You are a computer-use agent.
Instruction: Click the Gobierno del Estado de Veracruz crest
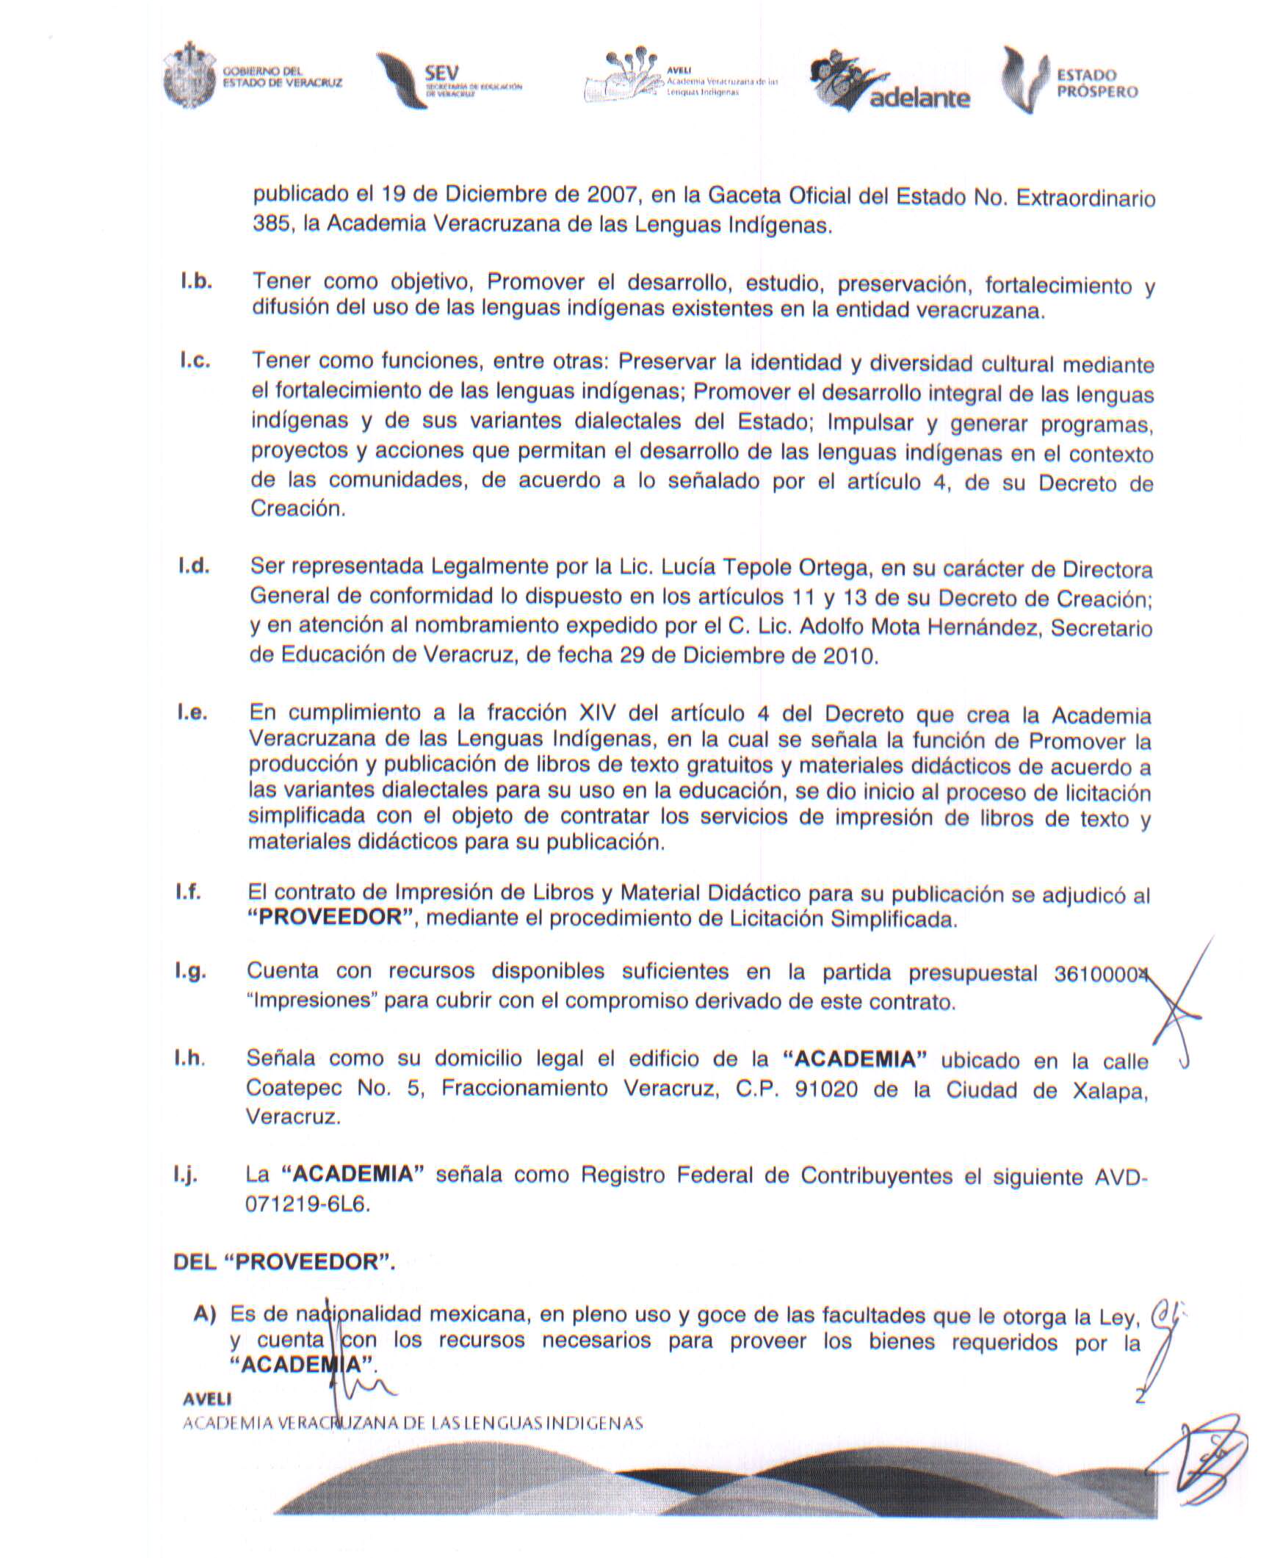[189, 76]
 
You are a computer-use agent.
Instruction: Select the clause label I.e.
[192, 713]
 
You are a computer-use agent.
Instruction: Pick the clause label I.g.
[190, 972]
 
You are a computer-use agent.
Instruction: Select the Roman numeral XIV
[604, 713]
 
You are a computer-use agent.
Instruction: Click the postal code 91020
[825, 1089]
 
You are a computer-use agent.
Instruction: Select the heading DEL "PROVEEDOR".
[284, 1263]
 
